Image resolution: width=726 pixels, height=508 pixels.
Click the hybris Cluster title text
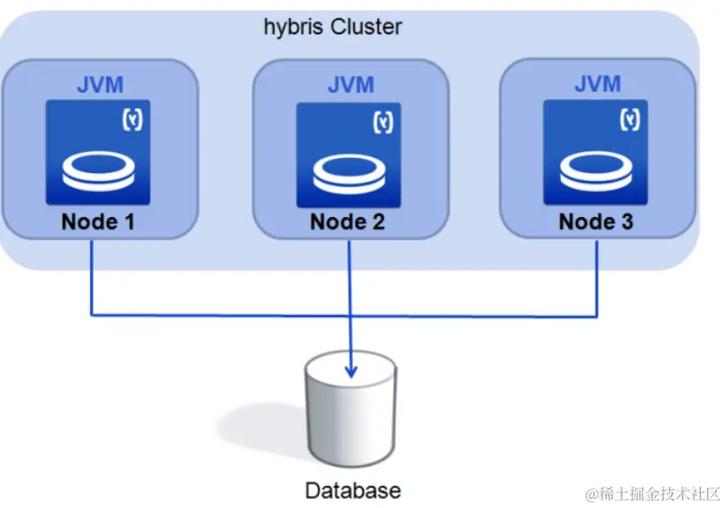332,27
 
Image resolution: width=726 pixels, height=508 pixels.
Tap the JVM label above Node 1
100,85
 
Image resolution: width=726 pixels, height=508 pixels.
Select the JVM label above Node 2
350,85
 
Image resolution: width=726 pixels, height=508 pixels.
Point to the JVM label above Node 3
597,84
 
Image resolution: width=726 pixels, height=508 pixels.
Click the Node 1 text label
97,222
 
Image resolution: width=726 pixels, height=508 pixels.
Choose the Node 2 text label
348,222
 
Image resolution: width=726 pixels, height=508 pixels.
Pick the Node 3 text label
596,222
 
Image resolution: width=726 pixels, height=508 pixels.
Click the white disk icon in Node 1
98,171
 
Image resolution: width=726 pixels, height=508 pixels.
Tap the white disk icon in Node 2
349,173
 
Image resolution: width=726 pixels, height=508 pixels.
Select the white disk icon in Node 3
596,171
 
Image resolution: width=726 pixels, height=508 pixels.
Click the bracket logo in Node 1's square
132,120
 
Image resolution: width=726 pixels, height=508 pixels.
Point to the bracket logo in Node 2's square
383,122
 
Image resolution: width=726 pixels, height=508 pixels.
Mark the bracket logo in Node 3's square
630,120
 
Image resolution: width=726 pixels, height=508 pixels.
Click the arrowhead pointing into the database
351,371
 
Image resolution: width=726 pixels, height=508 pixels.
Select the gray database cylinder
350,408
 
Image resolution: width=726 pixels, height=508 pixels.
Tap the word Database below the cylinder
353,491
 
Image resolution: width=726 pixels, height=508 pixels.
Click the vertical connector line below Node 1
92,277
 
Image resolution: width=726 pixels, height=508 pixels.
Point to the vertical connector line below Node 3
596,279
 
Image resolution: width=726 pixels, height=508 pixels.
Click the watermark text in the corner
652,494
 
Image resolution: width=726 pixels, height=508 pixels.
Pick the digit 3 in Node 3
627,222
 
